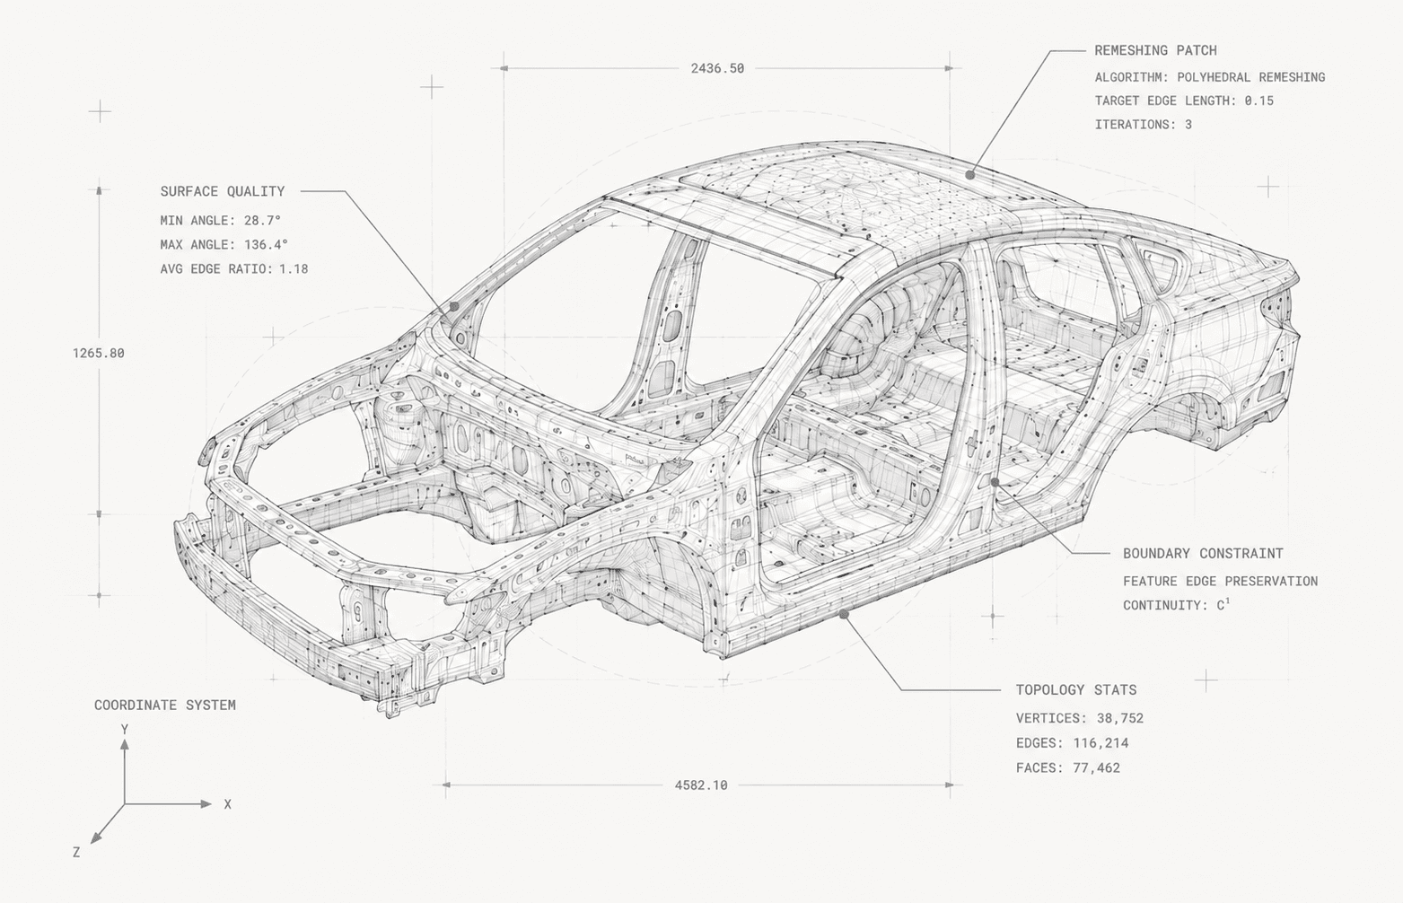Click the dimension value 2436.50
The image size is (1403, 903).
pos(717,68)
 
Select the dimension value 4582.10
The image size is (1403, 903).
pos(701,785)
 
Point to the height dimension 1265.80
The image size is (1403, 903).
pos(99,353)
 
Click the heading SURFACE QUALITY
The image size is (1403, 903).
pos(223,191)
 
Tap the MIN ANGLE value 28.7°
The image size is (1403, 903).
pos(262,221)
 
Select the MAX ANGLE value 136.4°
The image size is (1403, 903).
pos(266,245)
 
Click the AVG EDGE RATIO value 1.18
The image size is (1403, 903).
pos(294,269)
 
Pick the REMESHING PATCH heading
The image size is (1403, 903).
pos(1155,51)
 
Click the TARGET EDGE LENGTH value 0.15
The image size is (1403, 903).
pos(1259,101)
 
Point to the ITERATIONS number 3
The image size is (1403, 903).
pos(1188,125)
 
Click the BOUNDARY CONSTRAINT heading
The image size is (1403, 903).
pos(1203,554)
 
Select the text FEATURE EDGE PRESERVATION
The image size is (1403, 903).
pos(1220,581)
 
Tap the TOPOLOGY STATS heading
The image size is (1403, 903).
pos(1076,690)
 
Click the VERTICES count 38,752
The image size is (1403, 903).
pos(1120,718)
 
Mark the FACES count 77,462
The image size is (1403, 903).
pos(1096,767)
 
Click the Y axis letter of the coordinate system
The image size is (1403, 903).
pos(125,730)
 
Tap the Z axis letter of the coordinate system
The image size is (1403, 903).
pos(76,852)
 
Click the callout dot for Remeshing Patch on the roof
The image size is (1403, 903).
pos(969,175)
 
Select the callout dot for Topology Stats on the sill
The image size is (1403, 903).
pos(844,614)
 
